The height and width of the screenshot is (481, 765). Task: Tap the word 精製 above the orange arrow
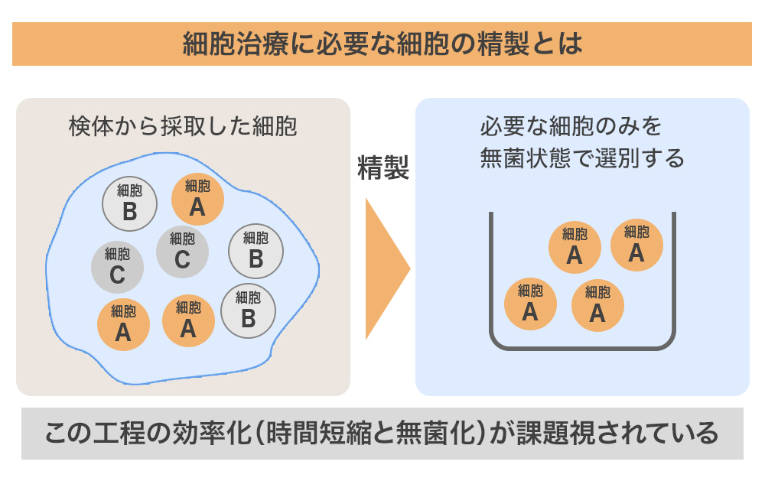383,168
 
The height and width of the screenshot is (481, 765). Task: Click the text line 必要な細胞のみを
571,126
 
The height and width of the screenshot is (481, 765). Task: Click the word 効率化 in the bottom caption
204,434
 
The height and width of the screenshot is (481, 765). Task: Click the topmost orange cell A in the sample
197,198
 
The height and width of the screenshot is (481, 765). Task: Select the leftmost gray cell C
117,267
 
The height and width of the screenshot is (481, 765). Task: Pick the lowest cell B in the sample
248,310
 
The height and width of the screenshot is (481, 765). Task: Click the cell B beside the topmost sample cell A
129,203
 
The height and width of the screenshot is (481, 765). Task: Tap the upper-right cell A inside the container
636,244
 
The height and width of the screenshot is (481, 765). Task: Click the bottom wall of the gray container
582,348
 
